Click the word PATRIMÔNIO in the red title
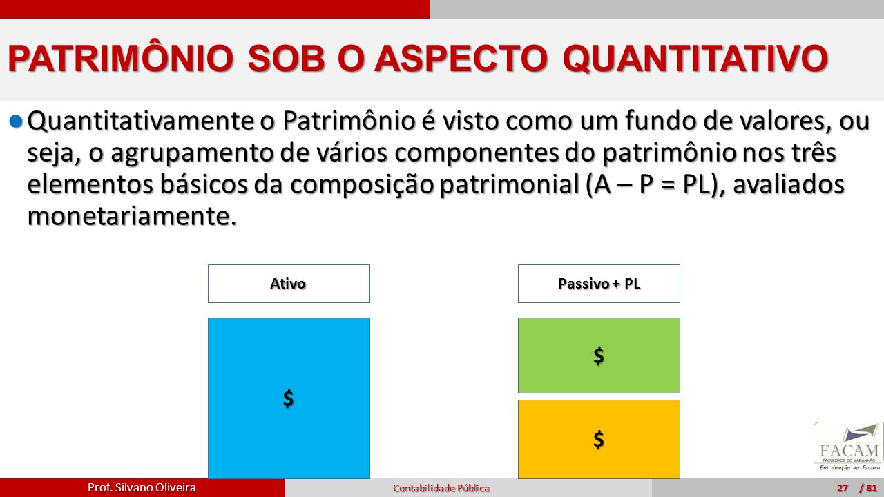click(x=121, y=59)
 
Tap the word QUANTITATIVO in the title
click(x=695, y=59)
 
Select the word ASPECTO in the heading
click(x=461, y=58)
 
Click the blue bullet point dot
click(x=16, y=121)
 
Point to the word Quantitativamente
click(x=141, y=121)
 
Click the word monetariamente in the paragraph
click(x=132, y=216)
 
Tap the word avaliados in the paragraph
click(x=789, y=184)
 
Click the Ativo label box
click(x=289, y=284)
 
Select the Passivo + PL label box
click(x=599, y=284)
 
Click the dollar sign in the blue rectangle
click(x=289, y=398)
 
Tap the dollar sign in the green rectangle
click(x=599, y=355)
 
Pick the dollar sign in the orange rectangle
click(x=599, y=440)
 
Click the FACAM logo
click(x=849, y=447)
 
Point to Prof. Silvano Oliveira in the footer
click(x=142, y=487)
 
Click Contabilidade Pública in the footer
click(x=441, y=488)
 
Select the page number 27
click(x=843, y=488)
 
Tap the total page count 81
click(x=872, y=488)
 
